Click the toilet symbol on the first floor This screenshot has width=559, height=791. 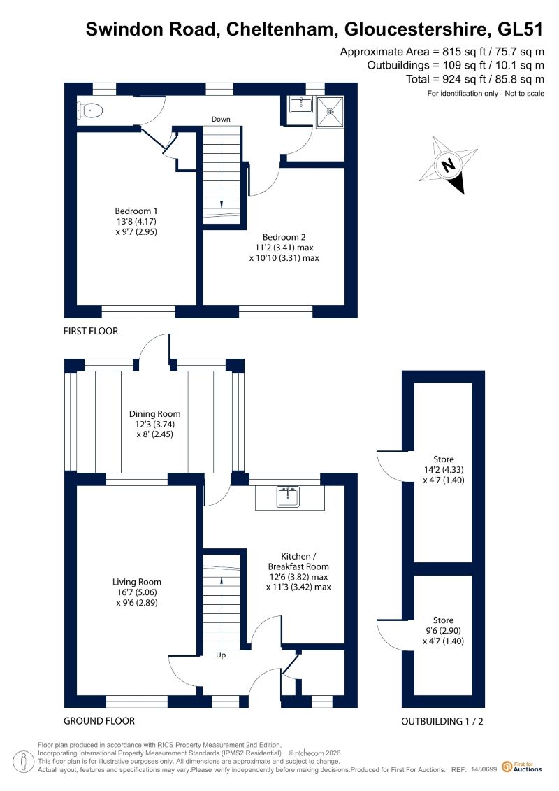click(90, 110)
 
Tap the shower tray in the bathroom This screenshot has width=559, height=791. click(330, 111)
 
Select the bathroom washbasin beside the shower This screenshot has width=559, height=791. click(301, 105)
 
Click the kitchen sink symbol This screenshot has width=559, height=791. click(289, 497)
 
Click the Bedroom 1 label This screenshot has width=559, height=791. click(136, 222)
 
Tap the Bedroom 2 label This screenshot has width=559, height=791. click(284, 247)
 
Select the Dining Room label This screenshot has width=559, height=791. click(154, 424)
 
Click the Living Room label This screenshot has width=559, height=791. click(136, 592)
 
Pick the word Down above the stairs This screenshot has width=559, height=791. click(221, 119)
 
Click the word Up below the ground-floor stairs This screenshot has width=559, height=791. click(221, 655)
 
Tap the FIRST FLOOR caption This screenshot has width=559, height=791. click(91, 331)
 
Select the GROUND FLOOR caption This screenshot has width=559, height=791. click(99, 721)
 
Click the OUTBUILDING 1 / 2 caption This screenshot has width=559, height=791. click(442, 721)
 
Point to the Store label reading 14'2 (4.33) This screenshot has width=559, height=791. click(444, 470)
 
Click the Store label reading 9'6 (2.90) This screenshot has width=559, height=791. click(444, 631)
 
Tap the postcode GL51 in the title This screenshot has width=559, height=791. click(521, 29)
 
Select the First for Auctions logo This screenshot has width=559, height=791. click(522, 767)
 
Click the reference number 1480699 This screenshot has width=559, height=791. click(484, 769)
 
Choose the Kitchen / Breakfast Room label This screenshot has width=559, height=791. click(298, 571)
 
